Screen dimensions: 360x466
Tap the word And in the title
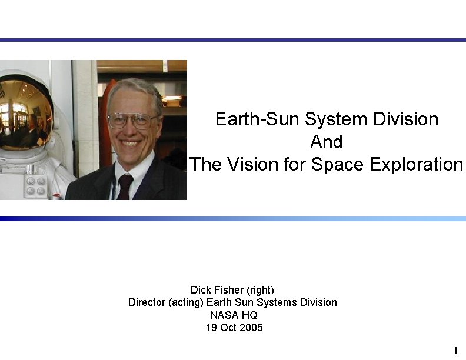coord(326,142)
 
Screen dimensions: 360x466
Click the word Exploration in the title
coord(417,164)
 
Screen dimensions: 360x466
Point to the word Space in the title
coord(337,164)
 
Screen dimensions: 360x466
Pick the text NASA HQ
coord(234,315)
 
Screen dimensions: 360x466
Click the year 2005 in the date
coord(252,327)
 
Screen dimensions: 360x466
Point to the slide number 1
coord(455,351)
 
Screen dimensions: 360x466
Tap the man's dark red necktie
coord(125,187)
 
